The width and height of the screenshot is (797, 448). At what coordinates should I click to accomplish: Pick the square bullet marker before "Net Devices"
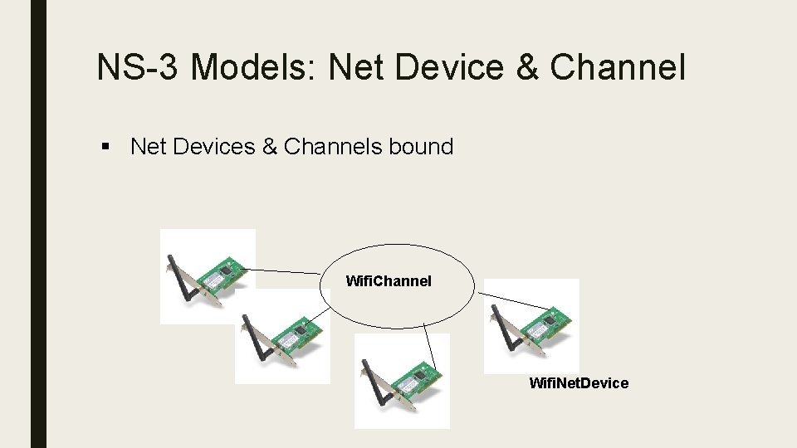coord(105,149)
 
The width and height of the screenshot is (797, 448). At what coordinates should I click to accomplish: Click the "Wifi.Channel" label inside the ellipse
coord(389,281)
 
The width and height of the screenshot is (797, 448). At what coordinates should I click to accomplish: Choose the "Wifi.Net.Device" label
coord(579,383)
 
